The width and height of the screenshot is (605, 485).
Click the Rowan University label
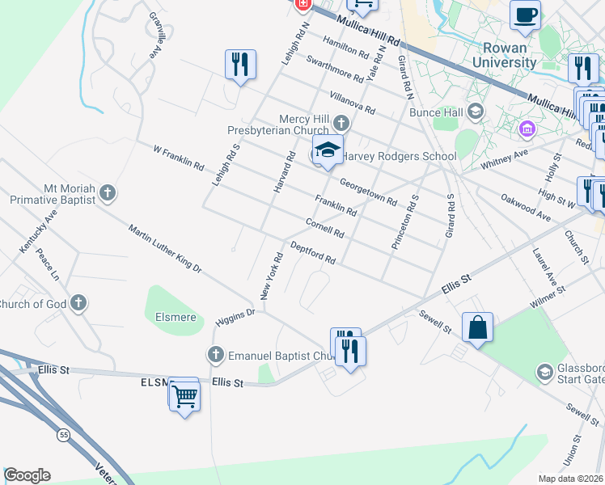[504, 55]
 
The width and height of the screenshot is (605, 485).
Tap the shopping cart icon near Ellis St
[185, 395]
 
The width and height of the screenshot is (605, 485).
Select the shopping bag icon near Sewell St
[478, 327]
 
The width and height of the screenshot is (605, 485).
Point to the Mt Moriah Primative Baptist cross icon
[107, 193]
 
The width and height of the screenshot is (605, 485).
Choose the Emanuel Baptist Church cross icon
[215, 354]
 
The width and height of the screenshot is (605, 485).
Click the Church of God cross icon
[78, 304]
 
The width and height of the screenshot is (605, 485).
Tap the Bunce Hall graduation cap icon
[475, 112]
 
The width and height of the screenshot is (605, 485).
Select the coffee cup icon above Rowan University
[525, 14]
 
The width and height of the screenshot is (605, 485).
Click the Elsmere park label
[175, 317]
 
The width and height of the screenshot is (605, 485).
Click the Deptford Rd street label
[312, 253]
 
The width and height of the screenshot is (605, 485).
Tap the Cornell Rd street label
[324, 228]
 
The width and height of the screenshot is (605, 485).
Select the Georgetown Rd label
[368, 192]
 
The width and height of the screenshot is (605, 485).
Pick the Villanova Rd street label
[353, 100]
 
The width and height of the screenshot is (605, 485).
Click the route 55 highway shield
[62, 436]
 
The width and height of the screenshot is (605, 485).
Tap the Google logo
[27, 475]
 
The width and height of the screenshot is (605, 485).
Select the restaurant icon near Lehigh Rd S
[240, 64]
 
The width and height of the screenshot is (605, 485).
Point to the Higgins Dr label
[235, 316]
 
